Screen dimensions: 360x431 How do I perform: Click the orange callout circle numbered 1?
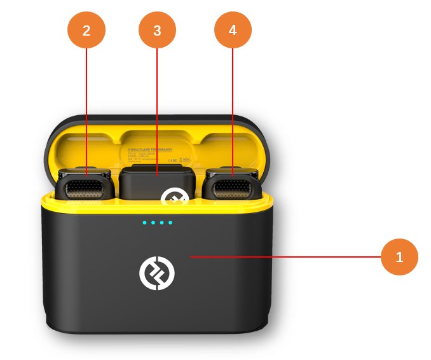(399, 257)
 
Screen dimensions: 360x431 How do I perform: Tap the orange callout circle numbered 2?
(86, 31)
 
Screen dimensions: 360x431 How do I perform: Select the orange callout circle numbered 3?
(157, 31)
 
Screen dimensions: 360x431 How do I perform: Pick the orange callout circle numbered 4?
(233, 30)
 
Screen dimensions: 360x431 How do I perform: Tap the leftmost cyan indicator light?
(145, 223)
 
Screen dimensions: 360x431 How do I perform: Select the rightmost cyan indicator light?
(170, 223)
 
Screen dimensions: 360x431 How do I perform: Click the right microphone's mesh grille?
(232, 189)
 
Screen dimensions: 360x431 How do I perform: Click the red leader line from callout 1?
(286, 257)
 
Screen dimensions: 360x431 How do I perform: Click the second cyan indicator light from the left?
(153, 223)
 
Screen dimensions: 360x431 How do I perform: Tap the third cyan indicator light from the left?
(161, 223)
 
